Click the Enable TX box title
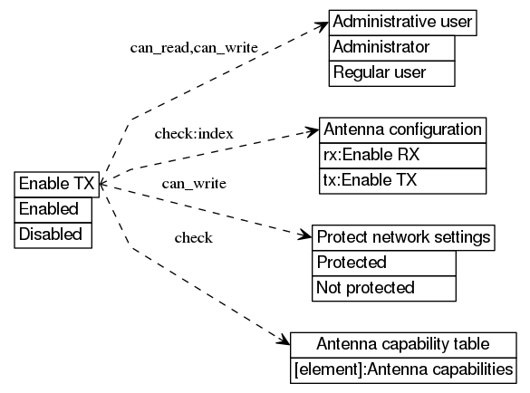click(x=56, y=184)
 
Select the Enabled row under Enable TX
click(x=56, y=209)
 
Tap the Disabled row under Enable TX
click(x=56, y=235)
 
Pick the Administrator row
click(x=391, y=47)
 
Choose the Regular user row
click(x=391, y=72)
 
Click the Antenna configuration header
click(x=402, y=129)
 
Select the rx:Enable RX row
click(x=402, y=154)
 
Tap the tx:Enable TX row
click(x=402, y=179)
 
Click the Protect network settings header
click(x=403, y=237)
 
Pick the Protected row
click(x=384, y=263)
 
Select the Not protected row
click(x=384, y=288)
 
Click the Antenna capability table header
click(x=403, y=344)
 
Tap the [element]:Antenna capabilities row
click(x=403, y=369)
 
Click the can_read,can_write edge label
click(x=194, y=46)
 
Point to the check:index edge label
click(x=194, y=134)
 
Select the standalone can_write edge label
click(x=194, y=184)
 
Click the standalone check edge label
click(x=193, y=238)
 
